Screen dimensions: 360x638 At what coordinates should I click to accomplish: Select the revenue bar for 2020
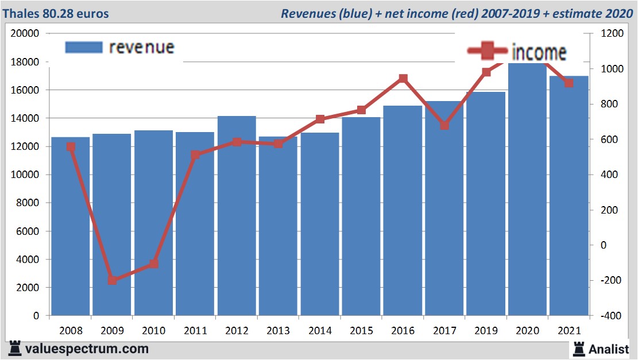pos(527,189)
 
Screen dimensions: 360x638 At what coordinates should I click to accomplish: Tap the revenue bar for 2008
pos(71,226)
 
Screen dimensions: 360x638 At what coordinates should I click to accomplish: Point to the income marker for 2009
pos(113,280)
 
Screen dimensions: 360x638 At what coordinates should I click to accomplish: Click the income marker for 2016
pos(403,79)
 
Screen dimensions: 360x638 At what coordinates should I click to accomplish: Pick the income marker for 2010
pos(154,264)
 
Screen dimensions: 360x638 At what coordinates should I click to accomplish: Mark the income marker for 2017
pos(444,125)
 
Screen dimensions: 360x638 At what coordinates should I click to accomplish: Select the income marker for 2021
pos(569,83)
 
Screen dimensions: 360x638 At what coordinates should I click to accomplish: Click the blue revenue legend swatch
pos(84,47)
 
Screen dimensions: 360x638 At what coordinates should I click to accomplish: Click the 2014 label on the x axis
pos(320,331)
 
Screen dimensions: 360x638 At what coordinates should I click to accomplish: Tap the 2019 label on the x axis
pos(486,331)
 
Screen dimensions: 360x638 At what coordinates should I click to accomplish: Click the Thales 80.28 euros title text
pos(55,13)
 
